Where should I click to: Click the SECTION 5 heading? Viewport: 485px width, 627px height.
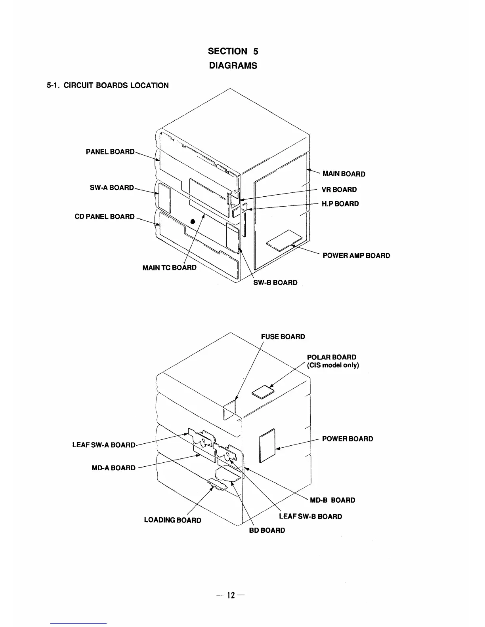coord(233,51)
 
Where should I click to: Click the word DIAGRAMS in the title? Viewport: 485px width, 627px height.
coord(233,66)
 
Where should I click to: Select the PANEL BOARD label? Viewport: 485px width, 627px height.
coord(110,152)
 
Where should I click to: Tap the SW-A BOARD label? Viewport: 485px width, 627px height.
coord(112,188)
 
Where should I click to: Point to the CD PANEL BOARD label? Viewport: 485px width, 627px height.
coord(105,217)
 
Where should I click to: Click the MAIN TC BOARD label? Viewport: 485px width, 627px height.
coord(169,268)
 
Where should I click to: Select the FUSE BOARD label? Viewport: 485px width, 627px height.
coord(283,337)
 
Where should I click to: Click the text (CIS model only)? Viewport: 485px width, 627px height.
coord(333,365)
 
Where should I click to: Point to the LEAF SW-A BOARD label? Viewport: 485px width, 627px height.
coord(104,445)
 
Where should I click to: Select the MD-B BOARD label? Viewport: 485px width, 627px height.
coord(332,500)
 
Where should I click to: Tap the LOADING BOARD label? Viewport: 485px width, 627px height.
coord(172,520)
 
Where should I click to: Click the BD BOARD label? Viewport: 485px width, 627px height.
coord(267,530)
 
